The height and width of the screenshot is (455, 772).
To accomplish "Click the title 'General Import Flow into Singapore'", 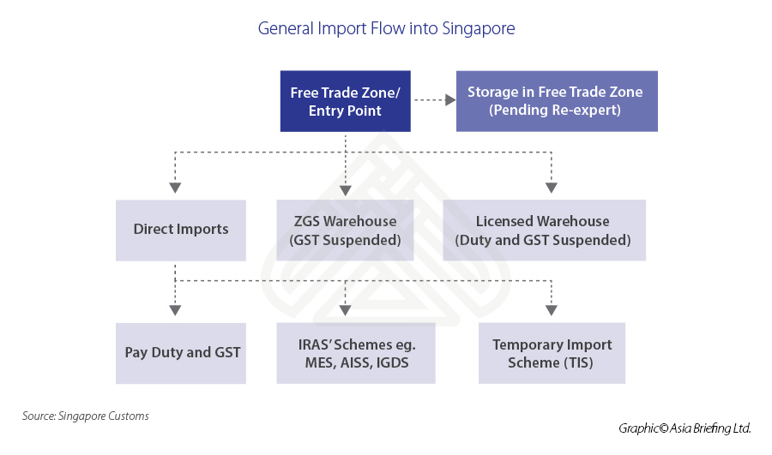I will [386, 28].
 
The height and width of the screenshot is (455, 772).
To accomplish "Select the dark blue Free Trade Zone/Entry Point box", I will [346, 101].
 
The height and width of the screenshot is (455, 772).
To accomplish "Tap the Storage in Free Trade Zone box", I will [556, 101].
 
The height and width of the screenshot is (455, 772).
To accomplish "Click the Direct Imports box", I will [181, 230].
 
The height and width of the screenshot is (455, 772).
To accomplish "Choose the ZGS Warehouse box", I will [344, 230].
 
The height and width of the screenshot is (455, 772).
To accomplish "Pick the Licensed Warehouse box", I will [544, 230].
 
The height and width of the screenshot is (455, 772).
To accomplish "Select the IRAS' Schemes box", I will [355, 353].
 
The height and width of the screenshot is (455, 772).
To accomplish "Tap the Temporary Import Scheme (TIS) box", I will [552, 353].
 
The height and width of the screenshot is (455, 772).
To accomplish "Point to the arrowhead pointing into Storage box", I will [449, 101].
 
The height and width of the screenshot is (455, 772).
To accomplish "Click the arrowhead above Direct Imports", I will [175, 187].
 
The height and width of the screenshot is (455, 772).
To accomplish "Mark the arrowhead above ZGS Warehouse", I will [345, 187].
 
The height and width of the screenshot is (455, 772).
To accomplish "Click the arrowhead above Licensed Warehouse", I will [551, 187].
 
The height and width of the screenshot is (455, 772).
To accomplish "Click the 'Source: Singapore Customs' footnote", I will [86, 416].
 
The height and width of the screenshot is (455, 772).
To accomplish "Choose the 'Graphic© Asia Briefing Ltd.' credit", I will [685, 428].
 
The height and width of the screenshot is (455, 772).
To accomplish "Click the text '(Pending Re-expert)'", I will [556, 110].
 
